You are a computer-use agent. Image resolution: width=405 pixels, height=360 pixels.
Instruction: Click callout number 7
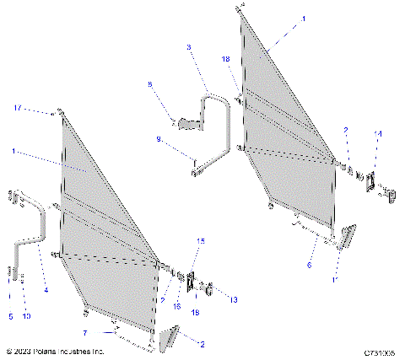point(110,322)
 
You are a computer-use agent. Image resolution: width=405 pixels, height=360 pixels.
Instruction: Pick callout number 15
point(200,241)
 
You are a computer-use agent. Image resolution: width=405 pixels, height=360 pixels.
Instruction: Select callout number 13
point(234,298)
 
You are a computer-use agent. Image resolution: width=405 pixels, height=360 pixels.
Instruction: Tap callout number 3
point(188,46)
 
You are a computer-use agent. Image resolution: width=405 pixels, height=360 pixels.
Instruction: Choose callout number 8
point(150,84)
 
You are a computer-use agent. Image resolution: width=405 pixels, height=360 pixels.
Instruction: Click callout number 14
point(377,134)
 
